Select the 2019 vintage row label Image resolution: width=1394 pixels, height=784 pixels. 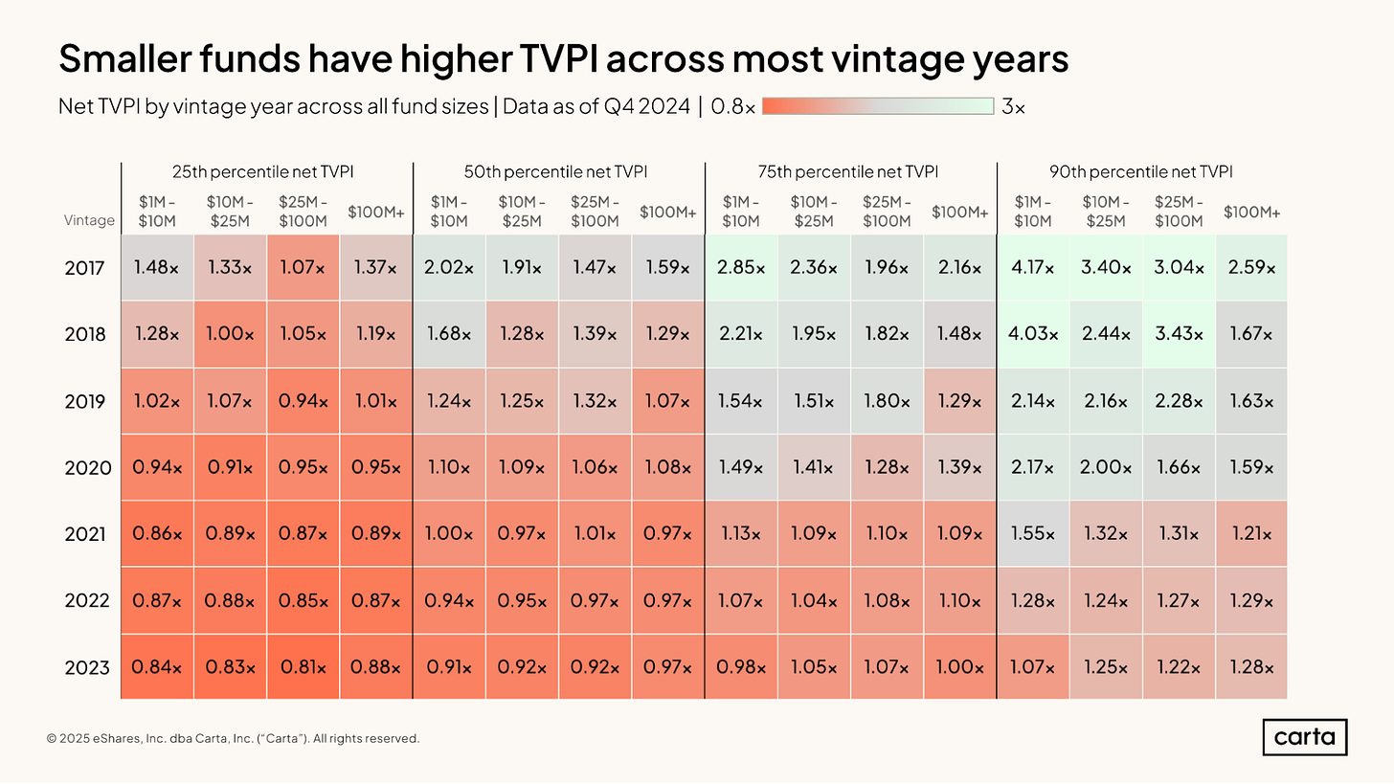[x=88, y=401]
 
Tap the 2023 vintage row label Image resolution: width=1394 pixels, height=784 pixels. [x=88, y=667]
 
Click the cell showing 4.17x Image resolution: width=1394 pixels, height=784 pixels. [x=1033, y=268]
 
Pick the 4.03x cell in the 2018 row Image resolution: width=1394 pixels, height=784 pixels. [x=1033, y=334]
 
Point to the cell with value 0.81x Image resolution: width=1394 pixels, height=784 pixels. [x=303, y=667]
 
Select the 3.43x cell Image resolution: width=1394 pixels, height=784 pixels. [x=1179, y=334]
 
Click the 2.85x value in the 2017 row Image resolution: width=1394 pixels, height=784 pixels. [x=741, y=268]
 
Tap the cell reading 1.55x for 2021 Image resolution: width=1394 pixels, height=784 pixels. [x=1033, y=534]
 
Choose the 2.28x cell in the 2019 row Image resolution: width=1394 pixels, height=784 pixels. [x=1179, y=401]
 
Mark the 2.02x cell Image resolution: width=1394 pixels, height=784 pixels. [x=449, y=268]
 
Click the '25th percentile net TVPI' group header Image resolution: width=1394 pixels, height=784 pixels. [x=267, y=172]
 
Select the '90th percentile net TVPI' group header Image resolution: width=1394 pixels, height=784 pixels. [x=1141, y=172]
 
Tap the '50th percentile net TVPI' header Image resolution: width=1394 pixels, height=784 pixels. [x=559, y=172]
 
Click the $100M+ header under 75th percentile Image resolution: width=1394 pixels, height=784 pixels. [x=959, y=213]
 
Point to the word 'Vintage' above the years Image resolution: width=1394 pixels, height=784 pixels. [x=89, y=220]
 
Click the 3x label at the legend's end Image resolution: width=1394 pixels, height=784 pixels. [x=1013, y=107]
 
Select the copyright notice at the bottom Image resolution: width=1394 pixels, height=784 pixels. [x=233, y=738]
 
